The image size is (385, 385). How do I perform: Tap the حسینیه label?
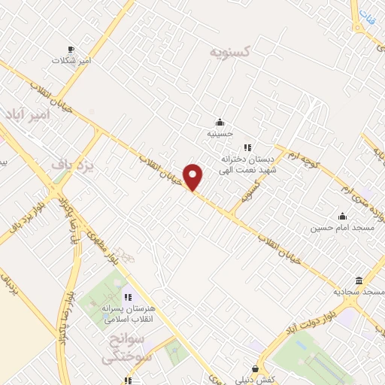[220, 134]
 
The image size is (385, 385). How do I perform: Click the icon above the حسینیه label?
[220, 123]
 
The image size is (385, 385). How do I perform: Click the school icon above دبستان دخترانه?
[249, 147]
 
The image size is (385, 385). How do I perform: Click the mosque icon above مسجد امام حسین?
[342, 215]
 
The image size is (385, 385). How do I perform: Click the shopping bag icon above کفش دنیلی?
[256, 368]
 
